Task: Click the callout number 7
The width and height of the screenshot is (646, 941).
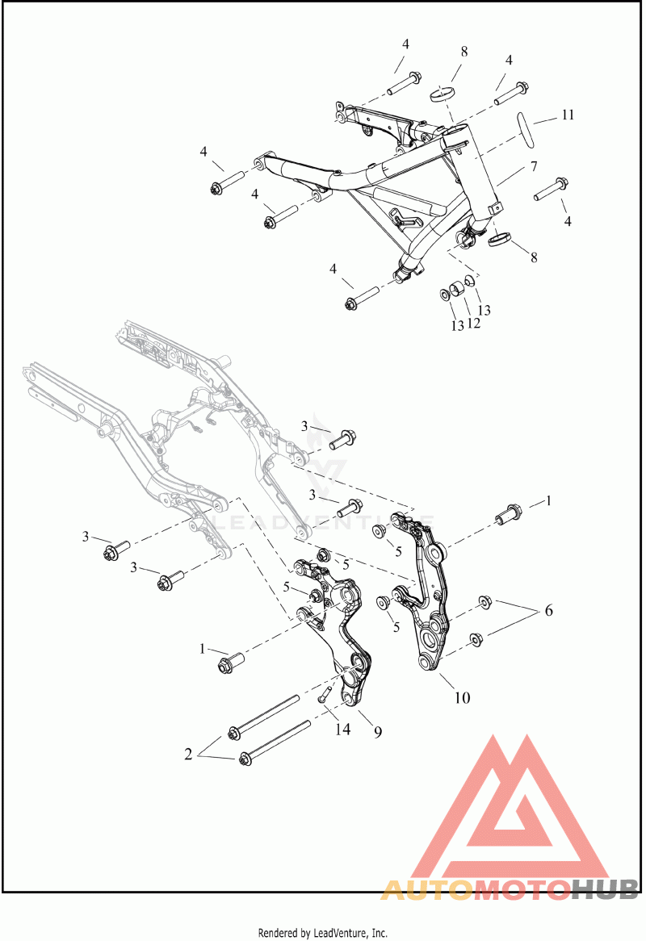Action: click(x=534, y=166)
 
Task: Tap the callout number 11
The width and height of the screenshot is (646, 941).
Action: click(x=568, y=115)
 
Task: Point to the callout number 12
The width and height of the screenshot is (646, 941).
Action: click(x=474, y=323)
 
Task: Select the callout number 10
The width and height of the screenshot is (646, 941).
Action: click(x=462, y=698)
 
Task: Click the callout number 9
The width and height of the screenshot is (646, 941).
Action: click(x=378, y=731)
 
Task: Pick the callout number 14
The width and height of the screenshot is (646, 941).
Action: click(x=343, y=730)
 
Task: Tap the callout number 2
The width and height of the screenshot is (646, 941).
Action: click(x=188, y=755)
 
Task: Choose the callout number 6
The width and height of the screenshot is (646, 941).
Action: click(x=548, y=611)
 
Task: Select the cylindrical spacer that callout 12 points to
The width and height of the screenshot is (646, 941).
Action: click(x=458, y=288)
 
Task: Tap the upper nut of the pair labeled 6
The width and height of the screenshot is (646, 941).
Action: click(x=484, y=601)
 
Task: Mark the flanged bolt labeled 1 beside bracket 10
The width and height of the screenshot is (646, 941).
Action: click(x=508, y=514)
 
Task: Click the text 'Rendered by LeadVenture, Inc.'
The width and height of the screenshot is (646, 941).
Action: click(x=323, y=933)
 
